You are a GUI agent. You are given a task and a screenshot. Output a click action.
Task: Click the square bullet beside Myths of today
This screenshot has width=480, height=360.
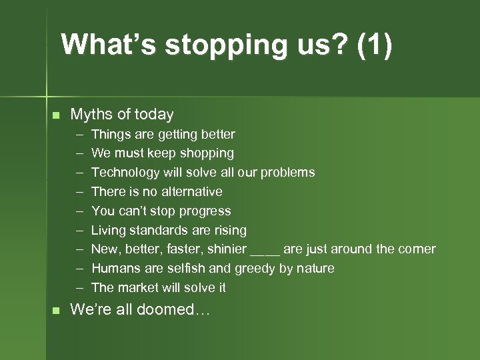coord(56,115)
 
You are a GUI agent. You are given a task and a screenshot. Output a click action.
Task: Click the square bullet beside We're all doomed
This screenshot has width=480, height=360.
coord(56,310)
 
